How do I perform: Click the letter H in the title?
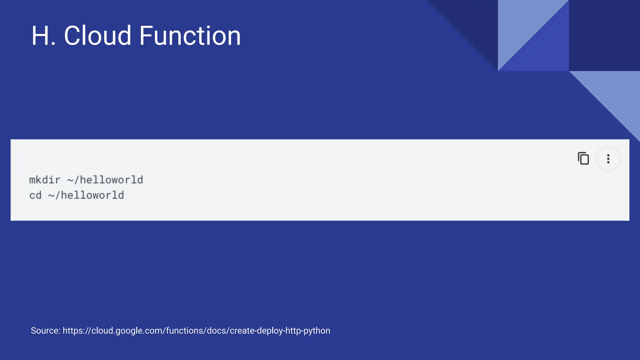[41, 36]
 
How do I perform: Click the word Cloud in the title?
[97, 36]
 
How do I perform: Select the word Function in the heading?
[190, 36]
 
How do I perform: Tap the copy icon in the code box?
[583, 158]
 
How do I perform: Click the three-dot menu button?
[608, 159]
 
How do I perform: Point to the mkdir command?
[45, 180]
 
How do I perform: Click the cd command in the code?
[35, 195]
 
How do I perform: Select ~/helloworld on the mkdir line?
[105, 180]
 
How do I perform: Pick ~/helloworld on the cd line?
[86, 195]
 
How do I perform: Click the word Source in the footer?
[45, 331]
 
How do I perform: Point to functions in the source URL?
[184, 331]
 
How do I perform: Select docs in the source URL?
[217, 331]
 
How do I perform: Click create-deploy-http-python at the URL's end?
[280, 331]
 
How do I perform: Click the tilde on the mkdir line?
[70, 180]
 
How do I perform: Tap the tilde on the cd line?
[51, 196]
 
